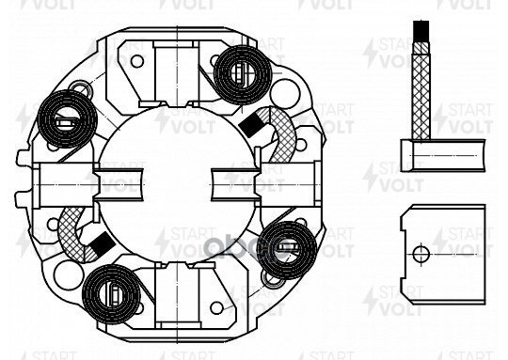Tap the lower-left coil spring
111,290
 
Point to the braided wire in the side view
419,85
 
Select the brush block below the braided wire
442,154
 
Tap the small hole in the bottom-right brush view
421,253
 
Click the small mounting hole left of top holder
136,62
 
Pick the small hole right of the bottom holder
217,307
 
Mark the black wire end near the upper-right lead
254,122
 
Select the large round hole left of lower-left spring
65,274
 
